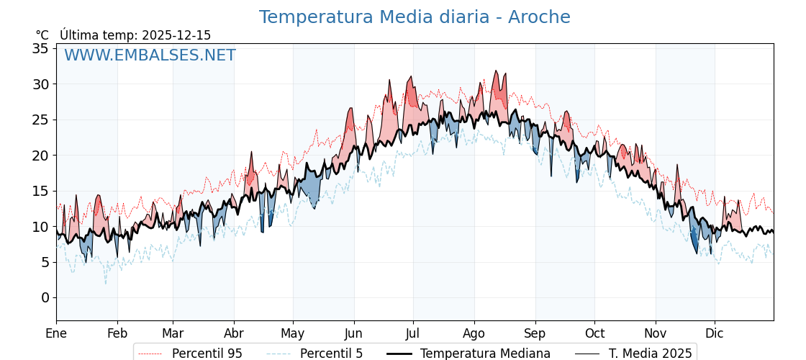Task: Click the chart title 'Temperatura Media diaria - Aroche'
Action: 415,17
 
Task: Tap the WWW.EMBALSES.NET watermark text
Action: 150,55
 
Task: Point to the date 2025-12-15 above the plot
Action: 176,35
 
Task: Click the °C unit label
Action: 42,35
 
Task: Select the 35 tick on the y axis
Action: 40,49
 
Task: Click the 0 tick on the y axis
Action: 45,297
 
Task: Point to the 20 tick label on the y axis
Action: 40,156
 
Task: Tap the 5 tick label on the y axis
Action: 45,262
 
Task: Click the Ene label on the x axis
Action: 56,333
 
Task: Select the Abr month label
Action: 234,333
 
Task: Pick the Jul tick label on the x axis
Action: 413,333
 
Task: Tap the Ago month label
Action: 474,333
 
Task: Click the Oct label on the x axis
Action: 594,333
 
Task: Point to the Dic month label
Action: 715,333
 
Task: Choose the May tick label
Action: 293,333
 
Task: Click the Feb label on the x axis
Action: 117,333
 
